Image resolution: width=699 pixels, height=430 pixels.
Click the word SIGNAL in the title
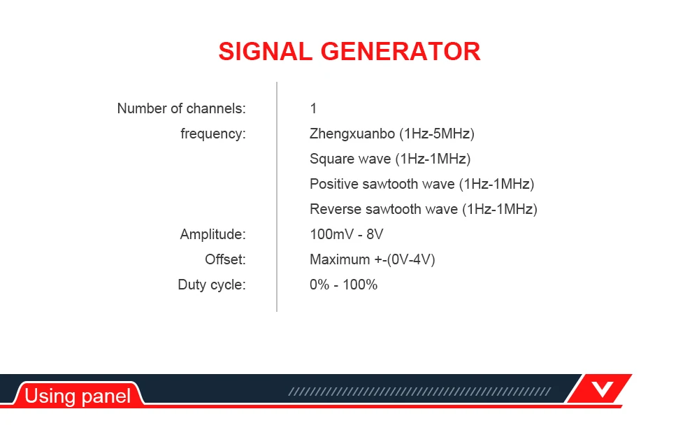(x=265, y=51)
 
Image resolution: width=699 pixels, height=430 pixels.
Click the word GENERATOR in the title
(x=401, y=51)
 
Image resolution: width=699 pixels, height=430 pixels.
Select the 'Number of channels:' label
(x=182, y=108)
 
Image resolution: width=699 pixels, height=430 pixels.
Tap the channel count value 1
(x=313, y=108)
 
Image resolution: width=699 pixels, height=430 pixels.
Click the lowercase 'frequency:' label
(x=213, y=134)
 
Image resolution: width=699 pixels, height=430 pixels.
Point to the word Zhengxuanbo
(x=352, y=134)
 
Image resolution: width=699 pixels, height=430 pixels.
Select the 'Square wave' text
(x=350, y=159)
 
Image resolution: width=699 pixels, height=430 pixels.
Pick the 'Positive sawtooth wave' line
(x=421, y=184)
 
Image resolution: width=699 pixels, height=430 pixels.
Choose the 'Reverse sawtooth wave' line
(x=424, y=209)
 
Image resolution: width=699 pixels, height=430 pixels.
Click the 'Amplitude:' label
(x=212, y=234)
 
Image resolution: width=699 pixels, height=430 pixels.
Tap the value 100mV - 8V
(x=347, y=234)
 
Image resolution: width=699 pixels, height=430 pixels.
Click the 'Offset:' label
(x=225, y=259)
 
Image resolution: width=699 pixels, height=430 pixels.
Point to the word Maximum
(x=340, y=259)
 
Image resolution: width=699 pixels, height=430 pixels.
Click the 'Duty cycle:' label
(x=212, y=285)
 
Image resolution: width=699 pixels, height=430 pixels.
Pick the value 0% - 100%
(x=343, y=285)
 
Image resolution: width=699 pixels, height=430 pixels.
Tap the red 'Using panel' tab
(x=78, y=395)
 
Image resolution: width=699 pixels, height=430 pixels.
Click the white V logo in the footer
(x=603, y=389)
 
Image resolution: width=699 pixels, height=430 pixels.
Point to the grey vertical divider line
(x=277, y=196)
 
